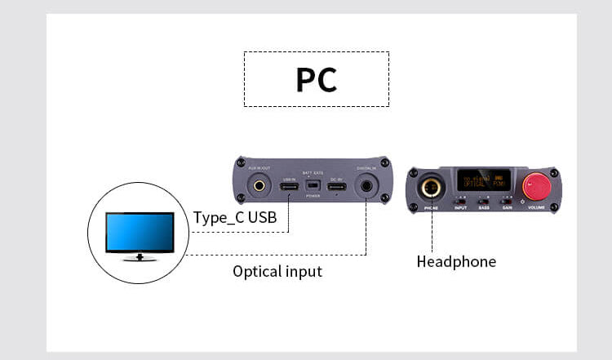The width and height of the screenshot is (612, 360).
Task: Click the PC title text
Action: point(316,80)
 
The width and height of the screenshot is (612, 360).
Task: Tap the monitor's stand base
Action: point(140,258)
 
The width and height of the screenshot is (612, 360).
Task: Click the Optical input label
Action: point(277,271)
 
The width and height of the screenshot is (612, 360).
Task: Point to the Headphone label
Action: point(456,262)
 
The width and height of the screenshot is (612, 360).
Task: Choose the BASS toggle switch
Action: point(483,200)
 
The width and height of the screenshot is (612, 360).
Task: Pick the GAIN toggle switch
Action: point(507,200)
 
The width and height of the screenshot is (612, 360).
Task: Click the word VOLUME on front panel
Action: point(536,208)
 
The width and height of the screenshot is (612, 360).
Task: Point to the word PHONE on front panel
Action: point(432,208)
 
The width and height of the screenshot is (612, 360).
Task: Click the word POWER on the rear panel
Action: point(313,197)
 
